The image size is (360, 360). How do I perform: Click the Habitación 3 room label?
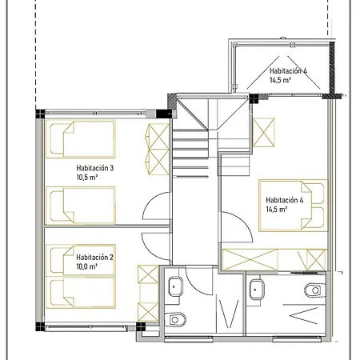point(95,168)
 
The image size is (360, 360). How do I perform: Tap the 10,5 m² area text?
point(87,178)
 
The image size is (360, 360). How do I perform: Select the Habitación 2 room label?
point(94,258)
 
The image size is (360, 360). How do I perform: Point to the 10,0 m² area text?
point(86,266)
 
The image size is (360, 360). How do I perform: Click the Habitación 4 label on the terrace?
point(288,71)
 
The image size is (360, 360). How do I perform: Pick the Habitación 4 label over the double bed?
point(285,200)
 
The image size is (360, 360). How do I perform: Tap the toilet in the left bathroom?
point(175,319)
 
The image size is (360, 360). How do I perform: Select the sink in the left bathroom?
point(175,286)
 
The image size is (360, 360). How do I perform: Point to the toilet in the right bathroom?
point(315,290)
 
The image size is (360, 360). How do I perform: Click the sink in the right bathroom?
point(257,290)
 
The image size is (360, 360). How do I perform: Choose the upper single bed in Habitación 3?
point(81,139)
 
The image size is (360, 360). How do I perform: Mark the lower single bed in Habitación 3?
point(81,206)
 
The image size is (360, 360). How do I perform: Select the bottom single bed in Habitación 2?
point(81,293)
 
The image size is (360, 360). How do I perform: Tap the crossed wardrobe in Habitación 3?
point(158,149)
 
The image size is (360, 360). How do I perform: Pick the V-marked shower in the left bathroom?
point(229,314)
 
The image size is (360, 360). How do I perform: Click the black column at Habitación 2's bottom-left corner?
point(40,326)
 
